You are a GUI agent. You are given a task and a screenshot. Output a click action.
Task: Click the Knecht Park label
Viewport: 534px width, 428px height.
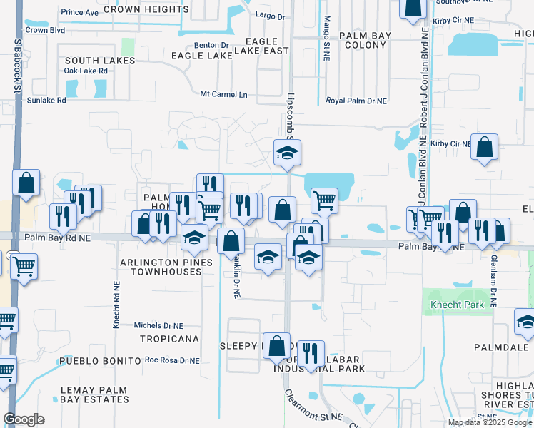click(x=462, y=305)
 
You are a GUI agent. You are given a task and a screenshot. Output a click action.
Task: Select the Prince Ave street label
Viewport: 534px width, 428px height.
click(x=80, y=12)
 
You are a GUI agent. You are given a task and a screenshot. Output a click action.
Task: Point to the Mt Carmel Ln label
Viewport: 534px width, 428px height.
click(x=223, y=94)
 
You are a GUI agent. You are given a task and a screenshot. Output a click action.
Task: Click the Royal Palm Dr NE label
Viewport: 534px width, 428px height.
click(x=356, y=101)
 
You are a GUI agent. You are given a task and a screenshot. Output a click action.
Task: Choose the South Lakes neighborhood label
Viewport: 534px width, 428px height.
click(x=100, y=61)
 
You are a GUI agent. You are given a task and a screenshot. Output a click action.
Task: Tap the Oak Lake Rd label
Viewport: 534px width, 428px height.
click(x=86, y=71)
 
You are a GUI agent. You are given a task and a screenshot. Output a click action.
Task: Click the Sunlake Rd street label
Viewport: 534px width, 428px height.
click(x=46, y=101)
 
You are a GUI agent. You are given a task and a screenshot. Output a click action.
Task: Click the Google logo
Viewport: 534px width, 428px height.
click(x=24, y=419)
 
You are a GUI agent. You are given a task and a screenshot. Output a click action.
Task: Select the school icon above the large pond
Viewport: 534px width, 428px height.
click(x=287, y=152)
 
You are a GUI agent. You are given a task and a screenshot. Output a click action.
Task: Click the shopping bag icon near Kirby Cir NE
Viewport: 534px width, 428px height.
click(x=485, y=148)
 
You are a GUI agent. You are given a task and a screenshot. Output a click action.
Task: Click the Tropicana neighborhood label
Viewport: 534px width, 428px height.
click(x=169, y=338)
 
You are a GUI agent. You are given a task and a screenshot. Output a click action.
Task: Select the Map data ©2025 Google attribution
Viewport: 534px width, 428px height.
click(x=490, y=422)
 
